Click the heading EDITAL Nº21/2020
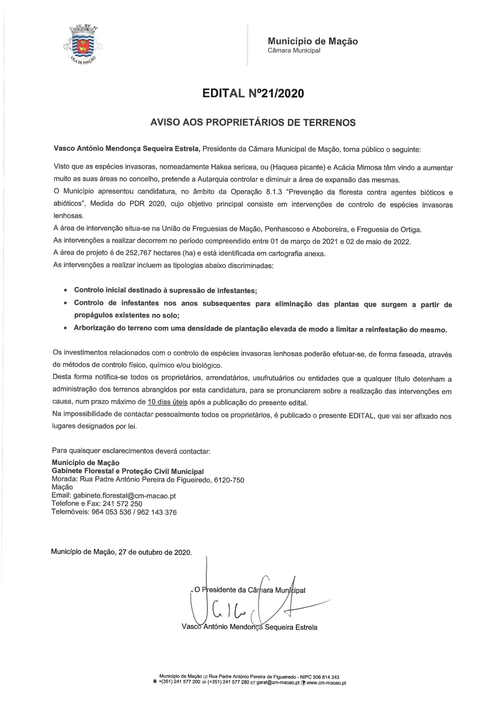click(253, 93)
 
